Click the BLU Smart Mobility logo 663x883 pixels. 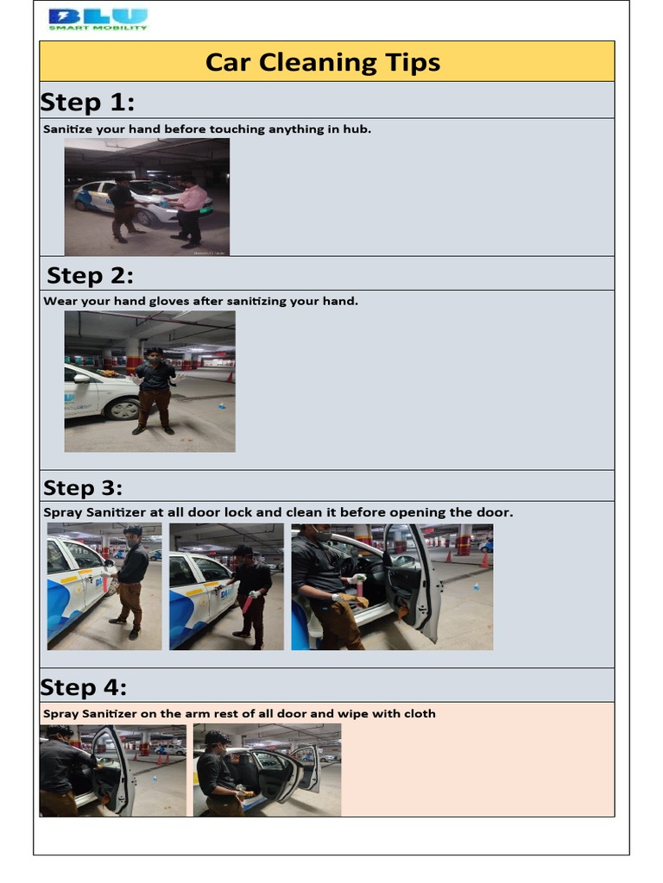(98, 19)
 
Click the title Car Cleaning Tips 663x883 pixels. (323, 62)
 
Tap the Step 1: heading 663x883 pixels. (87, 102)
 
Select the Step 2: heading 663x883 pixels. (90, 275)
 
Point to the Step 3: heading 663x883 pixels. (83, 487)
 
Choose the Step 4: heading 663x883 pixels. (83, 687)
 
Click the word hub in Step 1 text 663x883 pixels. (360, 129)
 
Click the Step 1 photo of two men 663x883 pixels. (147, 197)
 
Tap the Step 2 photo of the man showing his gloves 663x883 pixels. (149, 381)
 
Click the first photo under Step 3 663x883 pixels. (104, 586)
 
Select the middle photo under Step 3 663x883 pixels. (226, 586)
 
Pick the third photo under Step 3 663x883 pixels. (392, 586)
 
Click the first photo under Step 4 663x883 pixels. (112, 770)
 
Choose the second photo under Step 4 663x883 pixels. (267, 770)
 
